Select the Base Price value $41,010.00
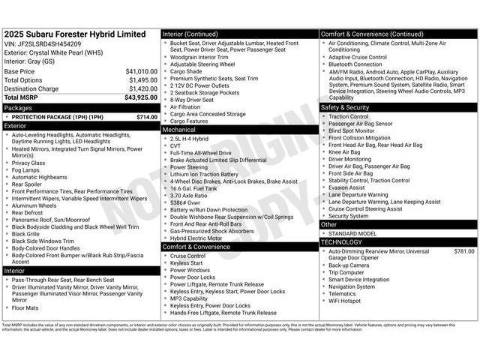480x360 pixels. click(x=141, y=71)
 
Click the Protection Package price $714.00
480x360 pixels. click(x=146, y=117)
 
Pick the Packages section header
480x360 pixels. click(x=18, y=108)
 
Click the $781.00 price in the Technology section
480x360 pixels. click(x=464, y=251)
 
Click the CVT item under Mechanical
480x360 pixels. click(x=176, y=145)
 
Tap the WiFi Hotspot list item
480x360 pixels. click(x=345, y=301)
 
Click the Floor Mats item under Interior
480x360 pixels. click(x=25, y=307)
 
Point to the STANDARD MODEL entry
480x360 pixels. click(x=354, y=233)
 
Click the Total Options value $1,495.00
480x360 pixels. click(x=142, y=80)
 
